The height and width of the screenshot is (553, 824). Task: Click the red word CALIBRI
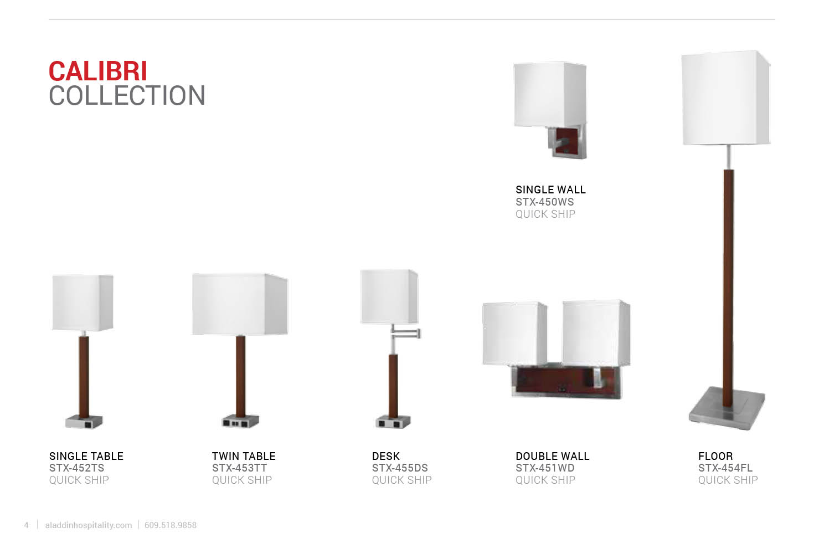pyautogui.click(x=98, y=71)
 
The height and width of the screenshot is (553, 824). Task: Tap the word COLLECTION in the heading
pyautogui.click(x=127, y=96)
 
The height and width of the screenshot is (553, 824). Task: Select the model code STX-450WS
pyautogui.click(x=544, y=202)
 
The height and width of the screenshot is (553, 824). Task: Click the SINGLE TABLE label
pyautogui.click(x=86, y=456)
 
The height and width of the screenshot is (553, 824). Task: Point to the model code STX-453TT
pyautogui.click(x=239, y=468)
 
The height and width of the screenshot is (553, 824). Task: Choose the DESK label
pyautogui.click(x=385, y=456)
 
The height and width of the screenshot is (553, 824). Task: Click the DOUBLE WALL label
pyautogui.click(x=553, y=456)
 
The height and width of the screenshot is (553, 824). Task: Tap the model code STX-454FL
pyautogui.click(x=725, y=468)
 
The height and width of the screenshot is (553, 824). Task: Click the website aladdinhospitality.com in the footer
pyautogui.click(x=89, y=525)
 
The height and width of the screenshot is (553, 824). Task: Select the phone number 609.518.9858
pyautogui.click(x=171, y=525)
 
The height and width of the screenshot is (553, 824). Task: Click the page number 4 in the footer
pyautogui.click(x=26, y=525)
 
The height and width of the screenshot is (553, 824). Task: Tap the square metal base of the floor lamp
pyautogui.click(x=727, y=409)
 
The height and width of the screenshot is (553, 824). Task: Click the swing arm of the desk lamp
pyautogui.click(x=405, y=334)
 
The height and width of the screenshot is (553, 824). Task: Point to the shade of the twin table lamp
pyautogui.click(x=240, y=304)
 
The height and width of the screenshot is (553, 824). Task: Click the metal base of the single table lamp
pyautogui.click(x=84, y=422)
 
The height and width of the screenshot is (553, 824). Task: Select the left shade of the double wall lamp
pyautogui.click(x=514, y=334)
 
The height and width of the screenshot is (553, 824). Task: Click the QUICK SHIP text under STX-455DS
pyautogui.click(x=401, y=480)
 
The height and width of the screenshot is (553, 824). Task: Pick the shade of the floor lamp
pyautogui.click(x=726, y=98)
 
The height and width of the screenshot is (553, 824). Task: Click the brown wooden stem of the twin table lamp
pyautogui.click(x=240, y=376)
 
